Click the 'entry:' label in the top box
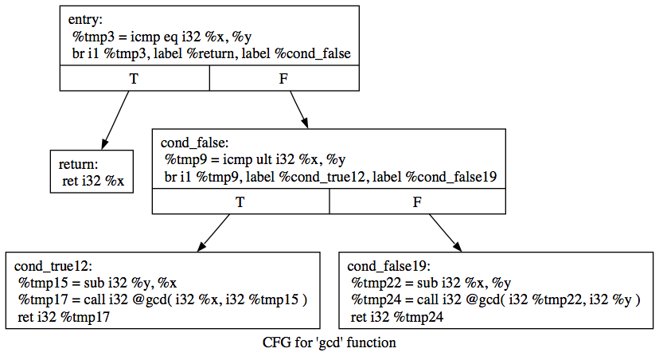click(x=86, y=19)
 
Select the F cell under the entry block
click(x=285, y=78)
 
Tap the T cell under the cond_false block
click(x=240, y=202)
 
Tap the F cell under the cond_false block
click(x=417, y=202)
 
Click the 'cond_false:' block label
click(x=195, y=143)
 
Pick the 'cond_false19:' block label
click(x=389, y=266)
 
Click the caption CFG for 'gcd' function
click(x=329, y=343)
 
